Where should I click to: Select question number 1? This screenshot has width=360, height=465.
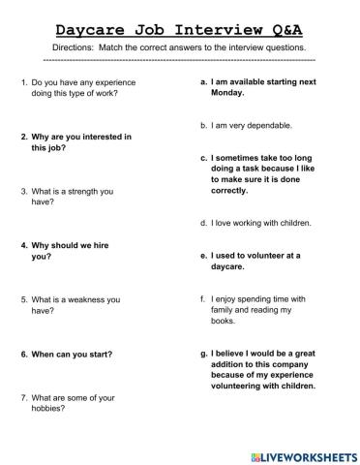23,85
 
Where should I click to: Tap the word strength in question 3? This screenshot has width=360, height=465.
93,192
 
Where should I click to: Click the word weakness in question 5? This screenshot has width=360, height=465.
98,300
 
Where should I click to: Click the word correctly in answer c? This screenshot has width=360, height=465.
235,192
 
